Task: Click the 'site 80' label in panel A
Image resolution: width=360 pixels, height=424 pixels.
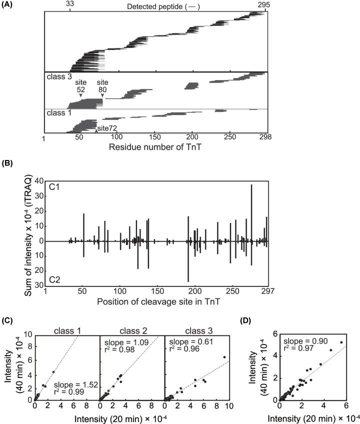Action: [102, 85]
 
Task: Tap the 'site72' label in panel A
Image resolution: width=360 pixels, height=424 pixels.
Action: [107, 129]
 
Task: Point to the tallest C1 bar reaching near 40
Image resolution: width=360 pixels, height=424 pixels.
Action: [251, 200]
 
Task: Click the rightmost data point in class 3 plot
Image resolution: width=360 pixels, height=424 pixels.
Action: [224, 357]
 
